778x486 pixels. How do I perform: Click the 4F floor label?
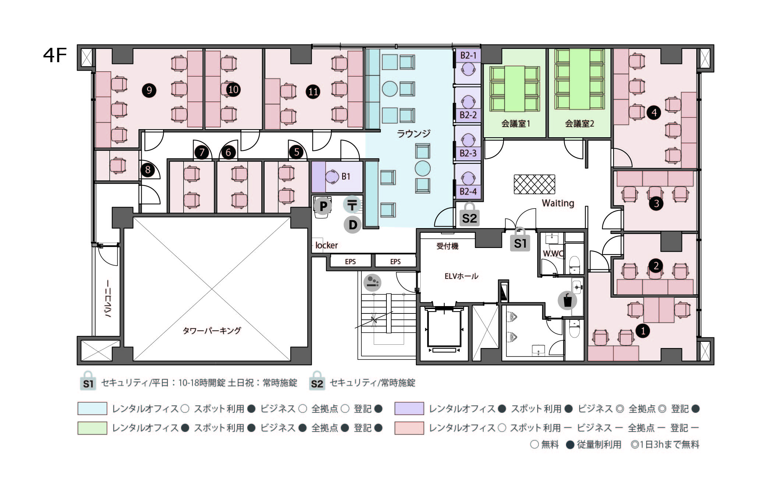pos(55,56)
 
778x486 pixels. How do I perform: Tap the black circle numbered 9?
pos(149,90)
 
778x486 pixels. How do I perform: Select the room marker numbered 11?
pos(313,92)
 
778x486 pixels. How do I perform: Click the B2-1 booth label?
pos(468,56)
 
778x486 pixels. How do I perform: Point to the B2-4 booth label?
pos(468,191)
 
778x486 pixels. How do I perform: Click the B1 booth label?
pos(346,177)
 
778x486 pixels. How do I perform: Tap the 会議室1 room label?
pos(515,124)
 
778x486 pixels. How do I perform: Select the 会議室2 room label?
pos(579,124)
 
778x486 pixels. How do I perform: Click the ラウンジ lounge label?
pos(413,134)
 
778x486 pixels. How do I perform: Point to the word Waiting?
pos(558,203)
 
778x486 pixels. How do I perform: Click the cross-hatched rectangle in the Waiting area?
pos(534,184)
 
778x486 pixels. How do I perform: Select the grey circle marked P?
pos(323,206)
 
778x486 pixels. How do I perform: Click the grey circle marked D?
pos(352,225)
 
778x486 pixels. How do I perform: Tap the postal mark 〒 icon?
pos(352,205)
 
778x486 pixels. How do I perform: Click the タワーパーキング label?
pos(212,330)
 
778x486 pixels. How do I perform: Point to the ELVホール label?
pos(461,276)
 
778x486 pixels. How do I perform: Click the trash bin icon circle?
pos(567,300)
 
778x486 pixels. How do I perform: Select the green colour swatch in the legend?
pos(92,428)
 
